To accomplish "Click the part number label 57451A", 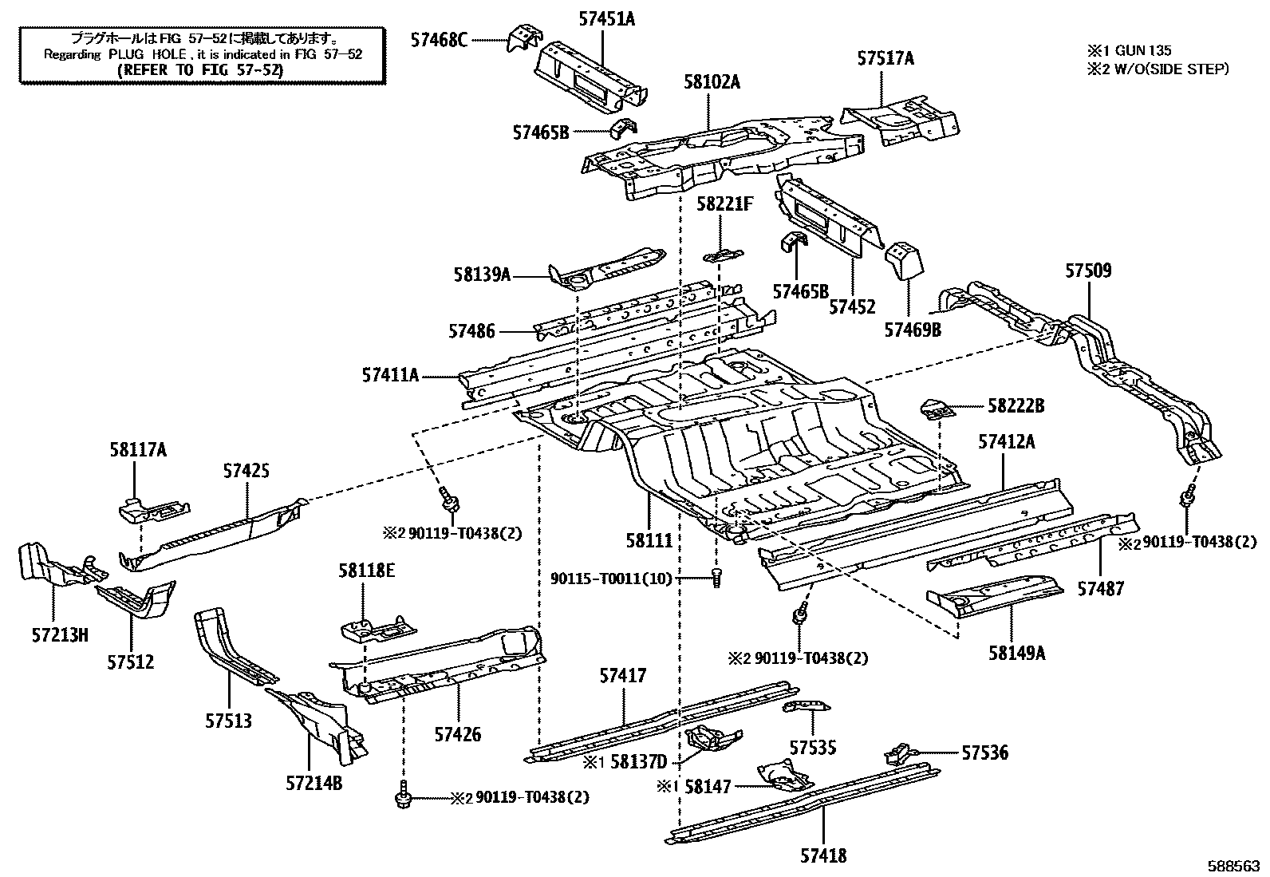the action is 606,18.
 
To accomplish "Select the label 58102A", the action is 712,82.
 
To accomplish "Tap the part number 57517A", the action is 885,58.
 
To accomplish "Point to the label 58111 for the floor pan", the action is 649,540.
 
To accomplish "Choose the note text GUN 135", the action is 1143,50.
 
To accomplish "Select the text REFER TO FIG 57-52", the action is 200,69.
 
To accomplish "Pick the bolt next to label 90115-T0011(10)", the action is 716,578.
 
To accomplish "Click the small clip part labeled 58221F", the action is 723,256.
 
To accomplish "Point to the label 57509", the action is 1088,270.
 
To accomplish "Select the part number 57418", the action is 823,855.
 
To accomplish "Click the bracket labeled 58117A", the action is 154,510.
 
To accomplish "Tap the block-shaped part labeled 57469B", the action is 905,261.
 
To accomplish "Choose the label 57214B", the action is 314,784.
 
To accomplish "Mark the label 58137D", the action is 638,762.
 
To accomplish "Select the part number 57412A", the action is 1007,441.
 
